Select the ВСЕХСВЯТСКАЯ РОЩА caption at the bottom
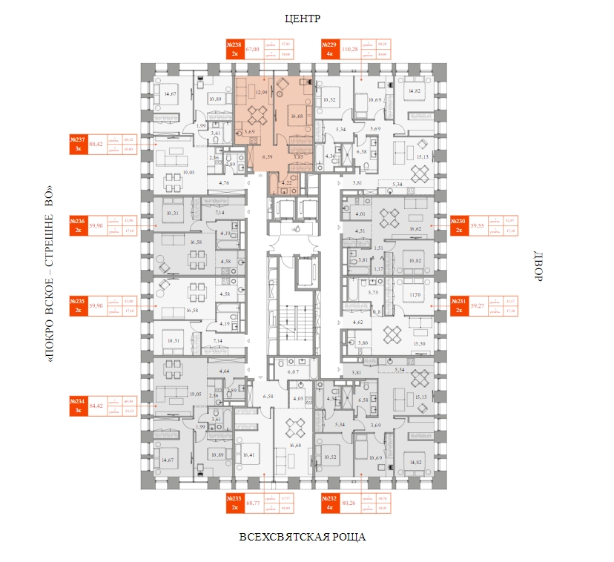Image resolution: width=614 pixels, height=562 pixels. tap(303, 536)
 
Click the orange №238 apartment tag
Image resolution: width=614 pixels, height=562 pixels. tap(234, 49)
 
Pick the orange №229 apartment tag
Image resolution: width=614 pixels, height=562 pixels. tap(329, 49)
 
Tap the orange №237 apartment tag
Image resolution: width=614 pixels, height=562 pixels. tap(77, 144)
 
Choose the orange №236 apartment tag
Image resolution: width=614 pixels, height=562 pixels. tap(77, 224)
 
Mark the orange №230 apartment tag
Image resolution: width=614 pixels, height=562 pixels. tap(460, 224)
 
